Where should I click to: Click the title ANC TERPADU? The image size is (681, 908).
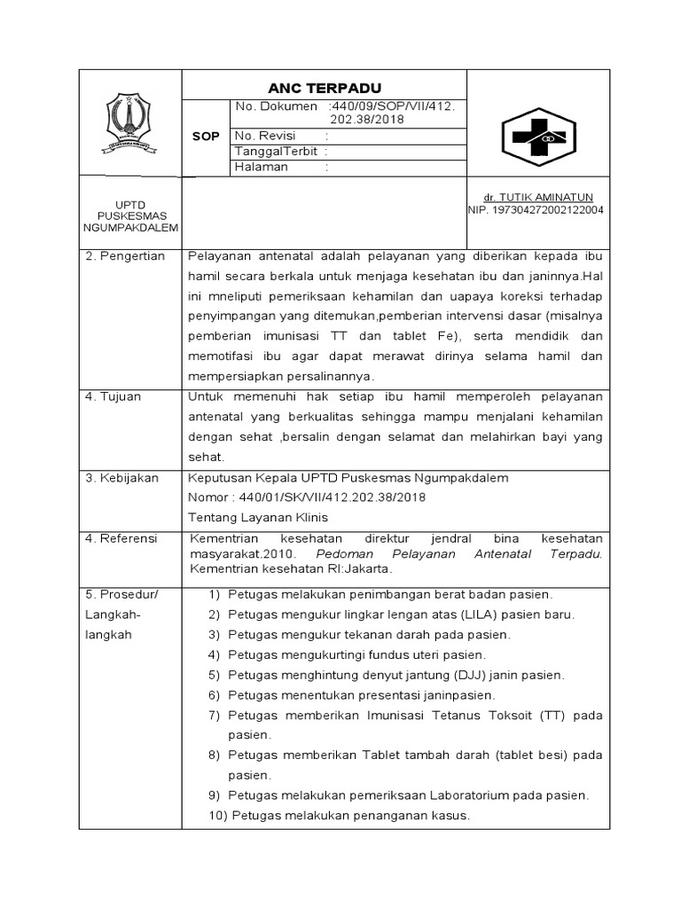click(325, 88)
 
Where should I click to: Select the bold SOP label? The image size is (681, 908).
click(206, 137)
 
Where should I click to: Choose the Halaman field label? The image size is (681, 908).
click(262, 168)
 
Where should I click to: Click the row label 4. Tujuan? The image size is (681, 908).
click(113, 396)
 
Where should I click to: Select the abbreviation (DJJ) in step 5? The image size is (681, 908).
click(454, 675)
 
